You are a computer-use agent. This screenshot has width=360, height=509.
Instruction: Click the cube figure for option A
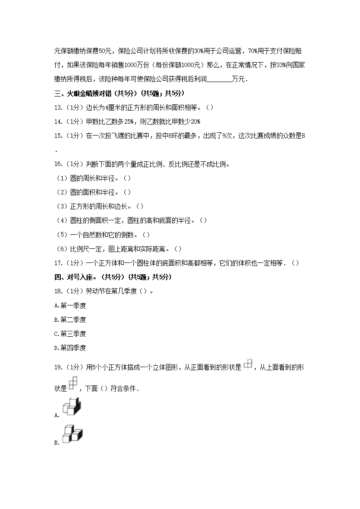coord(71,406)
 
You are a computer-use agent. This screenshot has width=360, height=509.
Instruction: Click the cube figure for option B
coord(72,434)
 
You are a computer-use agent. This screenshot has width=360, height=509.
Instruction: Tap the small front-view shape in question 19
coord(248,364)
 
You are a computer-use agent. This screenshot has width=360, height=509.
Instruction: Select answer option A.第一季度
coord(70,305)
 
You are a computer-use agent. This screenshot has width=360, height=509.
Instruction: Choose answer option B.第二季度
coord(70,320)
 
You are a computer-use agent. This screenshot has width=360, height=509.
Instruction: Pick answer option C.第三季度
coord(70,334)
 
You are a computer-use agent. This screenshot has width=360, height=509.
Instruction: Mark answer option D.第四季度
coord(70,348)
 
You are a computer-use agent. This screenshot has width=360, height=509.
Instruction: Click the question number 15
coord(58,136)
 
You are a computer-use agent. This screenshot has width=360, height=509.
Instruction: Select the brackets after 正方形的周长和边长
coord(140,206)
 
